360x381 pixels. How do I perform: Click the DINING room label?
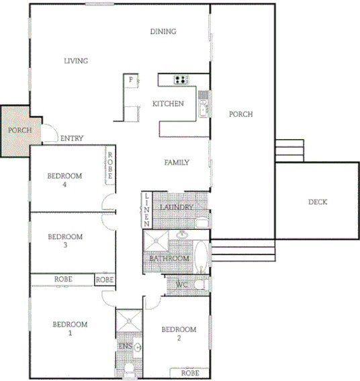coord(163,32)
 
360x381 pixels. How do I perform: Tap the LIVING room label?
coord(76,61)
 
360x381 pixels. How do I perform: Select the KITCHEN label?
coord(167,103)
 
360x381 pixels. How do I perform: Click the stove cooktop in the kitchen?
coord(180,80)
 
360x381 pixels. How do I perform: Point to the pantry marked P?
coord(130,80)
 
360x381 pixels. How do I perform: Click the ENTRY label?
coord(72,138)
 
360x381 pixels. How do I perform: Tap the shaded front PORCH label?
coord(19,130)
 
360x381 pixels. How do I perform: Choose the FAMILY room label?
coord(177,163)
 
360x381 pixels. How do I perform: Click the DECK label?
coord(318,202)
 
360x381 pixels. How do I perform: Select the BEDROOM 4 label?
coord(64,179)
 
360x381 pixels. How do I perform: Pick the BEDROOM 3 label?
coord(64,241)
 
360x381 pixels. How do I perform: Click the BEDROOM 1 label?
coord(70,329)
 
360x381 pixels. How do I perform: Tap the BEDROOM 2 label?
coord(179,333)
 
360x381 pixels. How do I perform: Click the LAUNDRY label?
coord(177,207)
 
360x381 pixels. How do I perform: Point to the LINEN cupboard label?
coord(147,209)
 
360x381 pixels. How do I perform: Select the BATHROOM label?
coord(169,259)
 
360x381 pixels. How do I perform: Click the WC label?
coord(181,285)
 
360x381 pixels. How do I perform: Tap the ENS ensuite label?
coord(125,347)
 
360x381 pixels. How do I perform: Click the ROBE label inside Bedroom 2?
coord(190,372)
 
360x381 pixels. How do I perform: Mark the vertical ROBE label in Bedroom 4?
coord(109,165)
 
